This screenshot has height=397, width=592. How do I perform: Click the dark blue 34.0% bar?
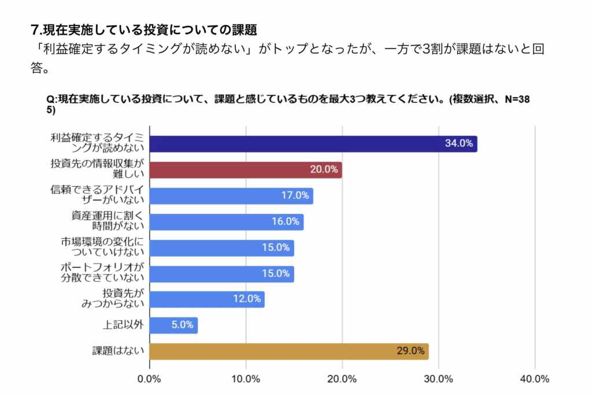coord(313,144)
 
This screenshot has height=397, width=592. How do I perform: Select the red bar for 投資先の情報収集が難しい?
coord(245,170)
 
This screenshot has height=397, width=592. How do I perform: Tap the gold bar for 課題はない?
coord(288,351)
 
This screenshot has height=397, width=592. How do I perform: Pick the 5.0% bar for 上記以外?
coord(173,325)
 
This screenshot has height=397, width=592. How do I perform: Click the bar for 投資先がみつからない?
coord(207,299)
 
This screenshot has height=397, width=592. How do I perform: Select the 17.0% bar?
coord(231,196)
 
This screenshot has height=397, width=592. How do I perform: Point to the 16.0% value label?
coord(286,222)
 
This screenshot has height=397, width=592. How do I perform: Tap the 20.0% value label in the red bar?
coord(324,170)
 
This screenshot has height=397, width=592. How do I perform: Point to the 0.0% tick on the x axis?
coord(149,379)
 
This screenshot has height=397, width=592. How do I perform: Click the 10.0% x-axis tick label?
coord(246,379)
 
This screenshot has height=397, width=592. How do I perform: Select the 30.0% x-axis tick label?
coord(438,379)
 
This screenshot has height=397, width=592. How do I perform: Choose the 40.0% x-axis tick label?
coord(535,379)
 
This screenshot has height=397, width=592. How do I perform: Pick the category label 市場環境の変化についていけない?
coord(102,247)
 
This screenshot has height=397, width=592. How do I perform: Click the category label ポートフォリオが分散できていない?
coord(102,273)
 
